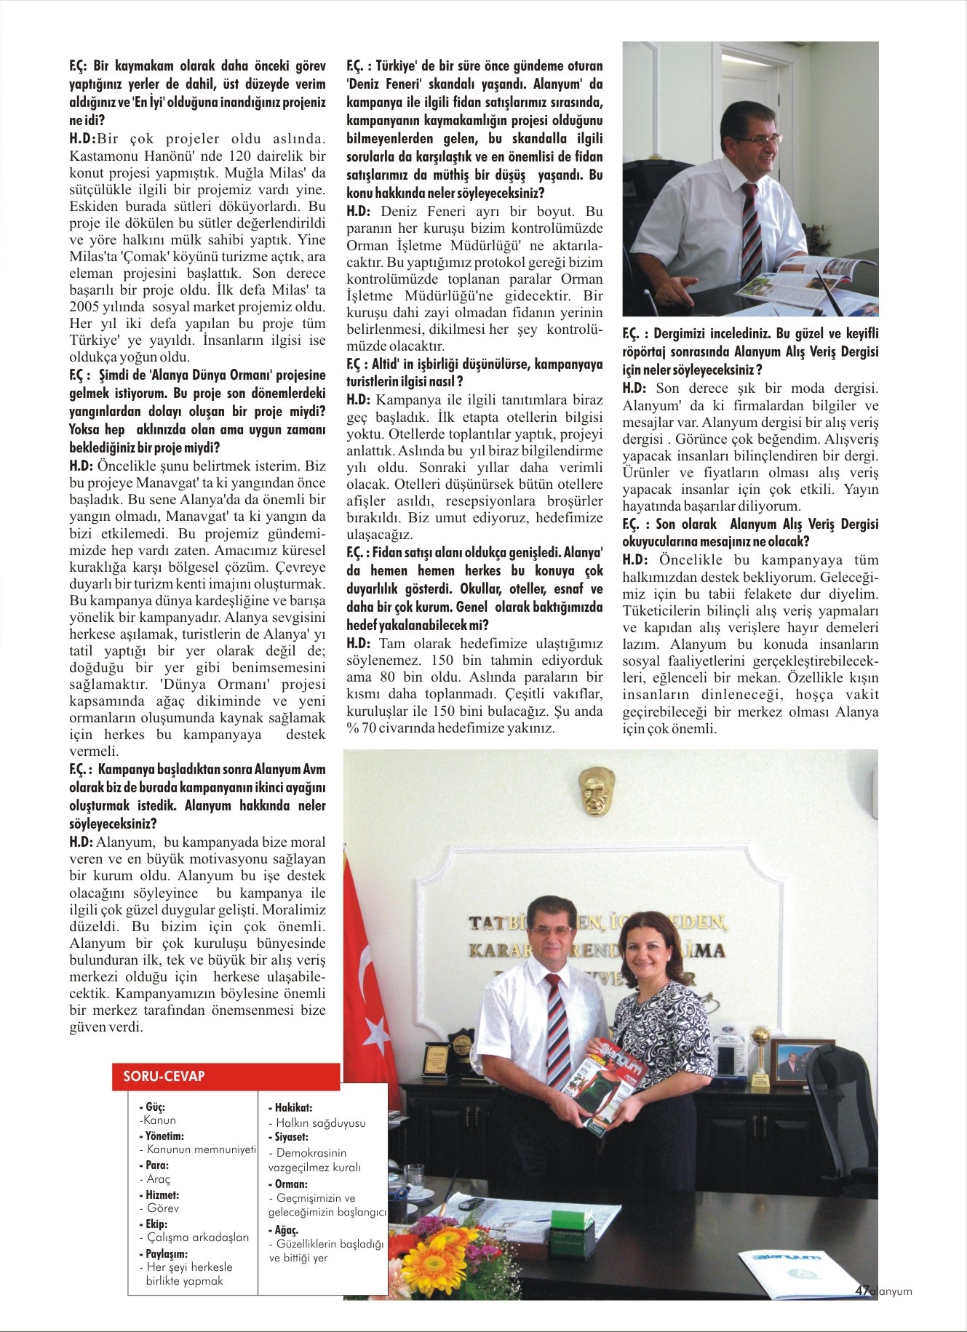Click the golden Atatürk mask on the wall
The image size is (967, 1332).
[597, 794]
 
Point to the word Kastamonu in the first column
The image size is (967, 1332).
[103, 156]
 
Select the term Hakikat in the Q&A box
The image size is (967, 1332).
[293, 1107]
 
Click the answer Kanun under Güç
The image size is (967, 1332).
[159, 1120]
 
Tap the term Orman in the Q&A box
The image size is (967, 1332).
[290, 1184]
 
